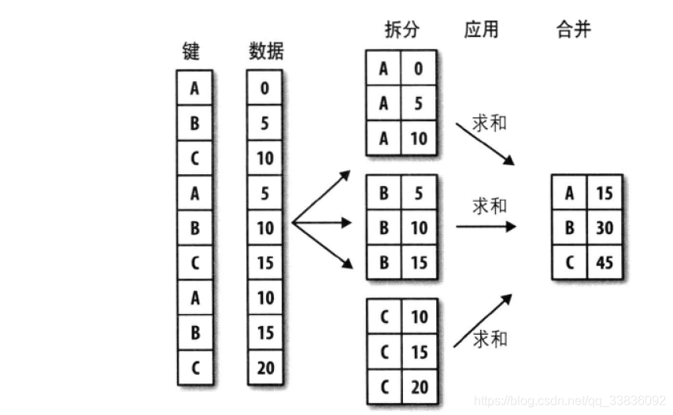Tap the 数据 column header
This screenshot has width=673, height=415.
click(x=266, y=52)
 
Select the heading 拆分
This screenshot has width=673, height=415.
click(x=401, y=31)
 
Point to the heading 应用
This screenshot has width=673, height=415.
click(x=482, y=31)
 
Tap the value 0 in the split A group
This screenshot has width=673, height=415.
click(x=418, y=69)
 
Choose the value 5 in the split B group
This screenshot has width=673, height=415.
click(x=418, y=193)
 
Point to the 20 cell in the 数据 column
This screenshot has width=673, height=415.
click(x=265, y=367)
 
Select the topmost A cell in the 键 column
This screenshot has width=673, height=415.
click(x=194, y=88)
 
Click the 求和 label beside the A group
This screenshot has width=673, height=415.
click(x=490, y=124)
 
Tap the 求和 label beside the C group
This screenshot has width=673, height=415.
click(x=490, y=339)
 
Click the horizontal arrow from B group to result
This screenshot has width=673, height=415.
click(x=486, y=227)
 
